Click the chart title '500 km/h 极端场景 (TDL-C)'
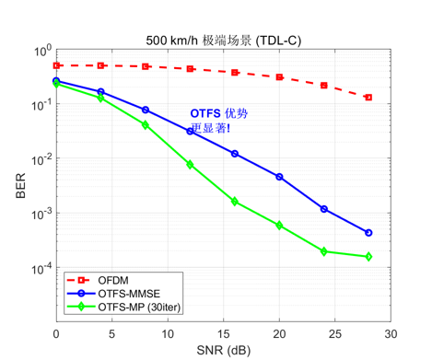click(x=224, y=41)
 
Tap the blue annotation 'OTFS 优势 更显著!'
click(x=218, y=121)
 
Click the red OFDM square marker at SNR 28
click(x=368, y=97)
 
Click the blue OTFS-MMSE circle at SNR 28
click(x=368, y=233)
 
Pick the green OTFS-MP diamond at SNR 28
click(x=368, y=257)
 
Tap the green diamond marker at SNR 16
click(x=235, y=201)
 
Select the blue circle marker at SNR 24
click(x=324, y=209)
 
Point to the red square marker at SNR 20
click(x=279, y=77)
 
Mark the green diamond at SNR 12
click(x=190, y=164)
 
